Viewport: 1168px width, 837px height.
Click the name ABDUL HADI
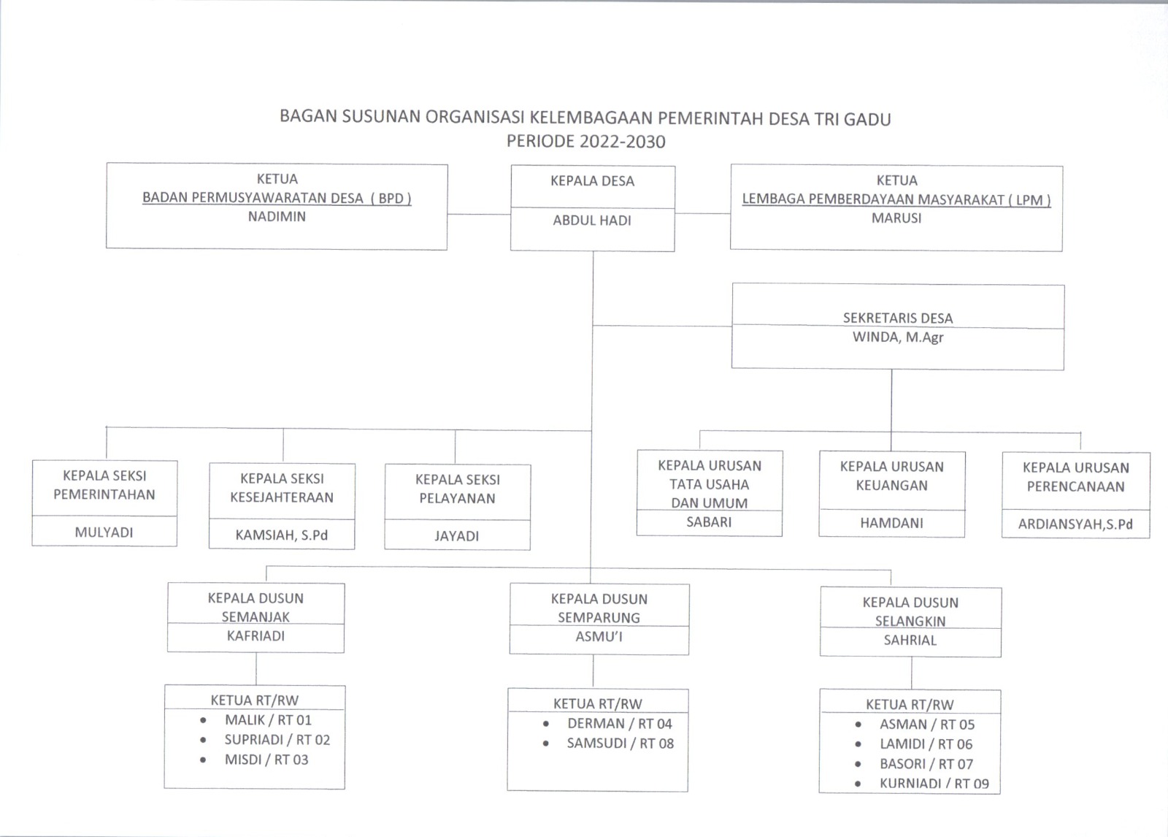[592, 220]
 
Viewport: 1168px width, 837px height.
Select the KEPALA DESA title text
[592, 181]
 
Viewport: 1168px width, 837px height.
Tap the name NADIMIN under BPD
[277, 216]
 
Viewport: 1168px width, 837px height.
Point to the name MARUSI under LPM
[896, 218]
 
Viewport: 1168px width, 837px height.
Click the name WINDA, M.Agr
[898, 337]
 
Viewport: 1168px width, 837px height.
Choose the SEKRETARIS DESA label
[898, 318]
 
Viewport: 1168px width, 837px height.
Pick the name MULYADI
[104, 532]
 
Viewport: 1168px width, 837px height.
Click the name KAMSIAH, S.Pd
[281, 535]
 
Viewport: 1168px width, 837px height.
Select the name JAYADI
[457, 536]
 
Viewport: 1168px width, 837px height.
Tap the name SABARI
[709, 522]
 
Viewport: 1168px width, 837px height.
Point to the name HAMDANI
[891, 523]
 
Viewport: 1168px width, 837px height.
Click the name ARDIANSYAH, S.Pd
[1075, 524]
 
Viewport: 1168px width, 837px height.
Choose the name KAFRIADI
[255, 636]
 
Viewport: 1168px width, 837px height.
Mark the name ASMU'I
[599, 637]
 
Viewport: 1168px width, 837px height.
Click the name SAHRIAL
[910, 641]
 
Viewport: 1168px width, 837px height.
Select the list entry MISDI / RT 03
[266, 760]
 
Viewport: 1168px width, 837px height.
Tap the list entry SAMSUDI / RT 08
[620, 744]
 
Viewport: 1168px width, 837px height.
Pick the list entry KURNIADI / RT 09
[934, 784]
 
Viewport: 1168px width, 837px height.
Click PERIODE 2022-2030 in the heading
[585, 142]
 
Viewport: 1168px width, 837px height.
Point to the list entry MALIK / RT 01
[268, 720]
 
